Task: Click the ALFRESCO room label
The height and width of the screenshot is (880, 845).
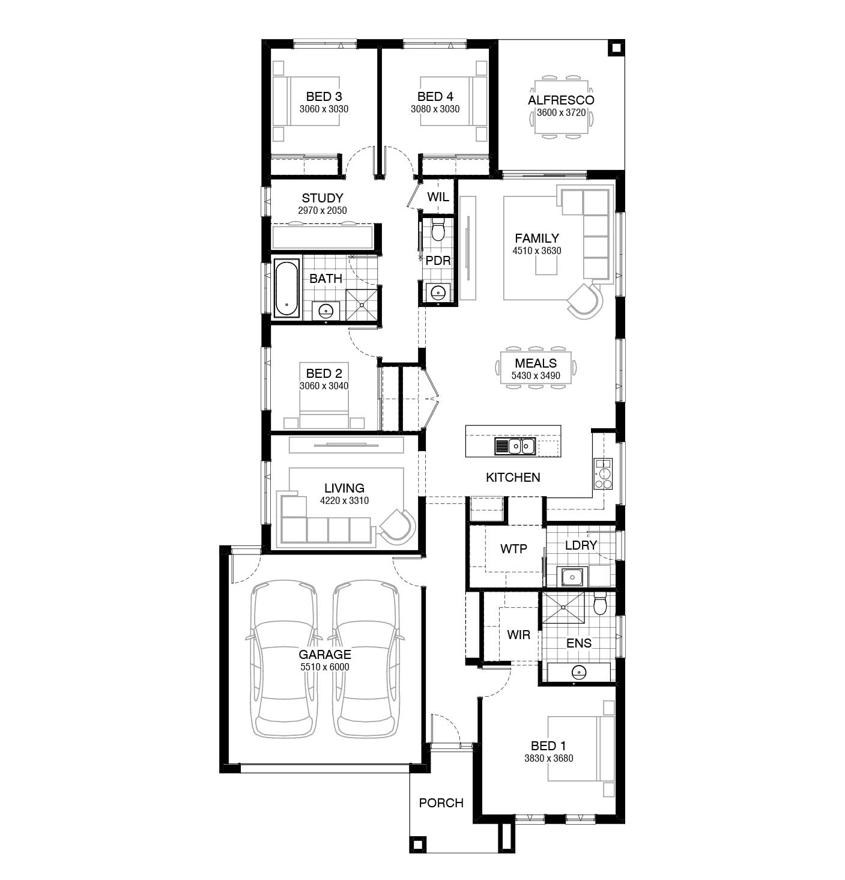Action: [560, 100]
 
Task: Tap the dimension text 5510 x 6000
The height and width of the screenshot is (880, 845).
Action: [325, 667]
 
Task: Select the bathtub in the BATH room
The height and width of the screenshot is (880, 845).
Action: [286, 288]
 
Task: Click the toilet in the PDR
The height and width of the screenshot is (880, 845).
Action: [438, 229]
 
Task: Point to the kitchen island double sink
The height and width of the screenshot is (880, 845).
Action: [515, 446]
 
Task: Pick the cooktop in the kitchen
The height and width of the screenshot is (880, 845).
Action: [603, 474]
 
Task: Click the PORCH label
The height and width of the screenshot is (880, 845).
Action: [441, 803]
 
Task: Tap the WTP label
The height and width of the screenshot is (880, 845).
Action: [513, 548]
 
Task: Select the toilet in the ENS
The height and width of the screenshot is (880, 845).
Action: [599, 604]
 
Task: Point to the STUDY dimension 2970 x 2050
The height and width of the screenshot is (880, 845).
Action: [323, 210]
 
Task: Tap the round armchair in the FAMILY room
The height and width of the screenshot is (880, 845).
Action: [585, 301]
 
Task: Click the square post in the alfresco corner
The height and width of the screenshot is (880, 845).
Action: [616, 48]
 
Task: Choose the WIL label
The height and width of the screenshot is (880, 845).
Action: [438, 196]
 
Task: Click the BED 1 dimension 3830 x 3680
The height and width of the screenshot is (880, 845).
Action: [548, 758]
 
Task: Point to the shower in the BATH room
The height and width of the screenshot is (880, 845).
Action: [361, 305]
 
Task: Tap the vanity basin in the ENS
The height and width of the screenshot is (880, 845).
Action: [579, 672]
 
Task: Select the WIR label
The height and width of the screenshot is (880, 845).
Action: [518, 635]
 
